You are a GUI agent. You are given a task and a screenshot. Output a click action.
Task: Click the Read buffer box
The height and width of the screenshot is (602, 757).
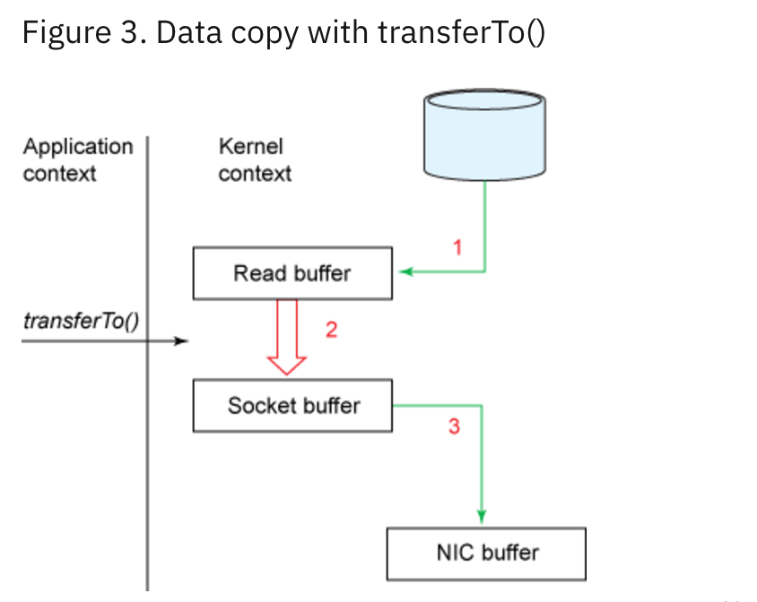coord(292,273)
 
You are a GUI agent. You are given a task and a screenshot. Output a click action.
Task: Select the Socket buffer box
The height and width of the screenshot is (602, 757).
coord(292,406)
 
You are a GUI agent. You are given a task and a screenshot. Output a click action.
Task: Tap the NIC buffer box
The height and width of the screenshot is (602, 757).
coord(486,553)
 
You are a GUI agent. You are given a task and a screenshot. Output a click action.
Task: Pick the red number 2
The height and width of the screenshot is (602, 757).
coord(331,330)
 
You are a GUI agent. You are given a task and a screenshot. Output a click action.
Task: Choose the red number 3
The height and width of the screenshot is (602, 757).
coord(454,426)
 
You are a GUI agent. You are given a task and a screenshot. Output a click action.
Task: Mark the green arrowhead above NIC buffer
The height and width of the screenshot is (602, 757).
coord(482,515)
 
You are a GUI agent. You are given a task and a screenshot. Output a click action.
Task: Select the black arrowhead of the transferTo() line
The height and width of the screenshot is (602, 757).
coord(182,341)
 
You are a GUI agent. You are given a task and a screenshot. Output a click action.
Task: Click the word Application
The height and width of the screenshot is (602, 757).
coord(77,146)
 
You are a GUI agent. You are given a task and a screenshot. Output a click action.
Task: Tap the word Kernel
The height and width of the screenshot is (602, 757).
coord(250,146)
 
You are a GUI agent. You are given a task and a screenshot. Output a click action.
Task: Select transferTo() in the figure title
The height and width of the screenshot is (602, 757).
coord(460,33)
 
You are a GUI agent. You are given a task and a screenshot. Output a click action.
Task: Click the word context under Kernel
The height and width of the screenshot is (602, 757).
coord(255,173)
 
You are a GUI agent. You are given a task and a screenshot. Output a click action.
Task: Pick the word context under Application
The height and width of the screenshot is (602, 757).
coord(59,173)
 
